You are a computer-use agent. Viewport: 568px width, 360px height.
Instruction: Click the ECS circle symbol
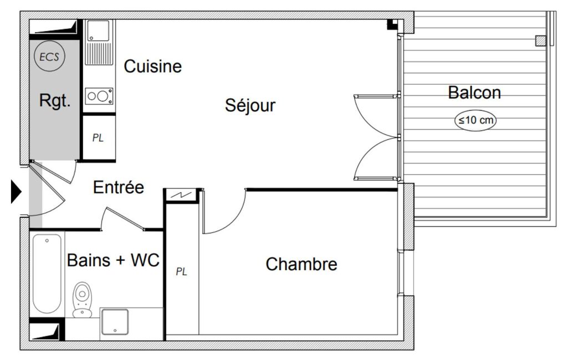click(49, 56)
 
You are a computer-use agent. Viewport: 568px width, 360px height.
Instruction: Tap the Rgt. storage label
click(55, 100)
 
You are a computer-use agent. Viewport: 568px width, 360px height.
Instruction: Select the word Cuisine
click(152, 66)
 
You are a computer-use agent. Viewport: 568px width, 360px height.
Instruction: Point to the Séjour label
click(250, 105)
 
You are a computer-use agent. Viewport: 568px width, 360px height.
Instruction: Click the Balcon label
click(474, 92)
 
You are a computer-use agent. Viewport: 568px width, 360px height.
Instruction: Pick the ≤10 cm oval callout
click(475, 120)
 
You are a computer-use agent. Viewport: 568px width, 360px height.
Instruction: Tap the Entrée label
click(119, 187)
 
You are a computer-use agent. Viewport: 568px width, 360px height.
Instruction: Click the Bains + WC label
click(114, 260)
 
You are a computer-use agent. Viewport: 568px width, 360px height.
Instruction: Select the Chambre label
click(301, 264)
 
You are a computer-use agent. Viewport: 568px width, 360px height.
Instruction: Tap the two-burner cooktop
click(99, 96)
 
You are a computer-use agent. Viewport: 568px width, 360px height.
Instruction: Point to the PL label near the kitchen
click(98, 137)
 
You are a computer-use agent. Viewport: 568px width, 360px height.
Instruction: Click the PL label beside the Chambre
click(182, 271)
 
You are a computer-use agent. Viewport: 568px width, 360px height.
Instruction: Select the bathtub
click(47, 274)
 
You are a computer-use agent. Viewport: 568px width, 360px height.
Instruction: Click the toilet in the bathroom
click(82, 300)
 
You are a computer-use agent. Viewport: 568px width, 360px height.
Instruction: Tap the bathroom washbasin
click(115, 322)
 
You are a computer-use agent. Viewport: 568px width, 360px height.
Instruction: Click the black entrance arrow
click(16, 192)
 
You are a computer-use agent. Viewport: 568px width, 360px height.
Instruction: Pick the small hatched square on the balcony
click(540, 41)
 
